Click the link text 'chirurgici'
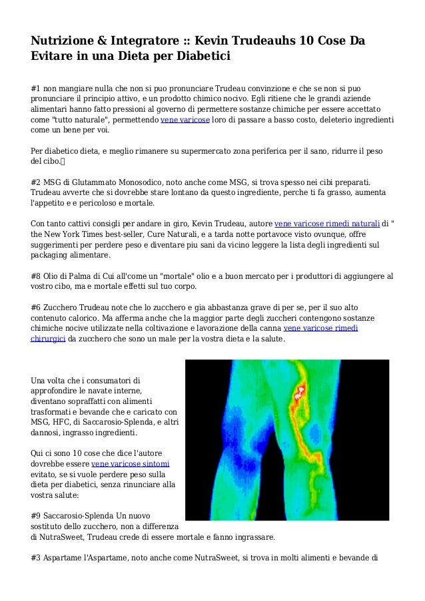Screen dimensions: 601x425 pos(57,339)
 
